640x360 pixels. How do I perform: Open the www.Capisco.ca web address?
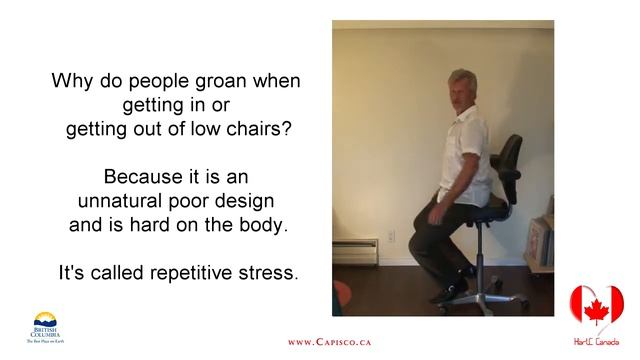point(329,342)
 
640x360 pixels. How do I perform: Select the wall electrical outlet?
point(391,237)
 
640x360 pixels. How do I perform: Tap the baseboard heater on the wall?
point(355,251)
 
